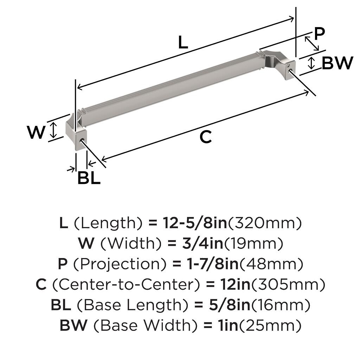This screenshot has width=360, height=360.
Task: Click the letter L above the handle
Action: (183, 43)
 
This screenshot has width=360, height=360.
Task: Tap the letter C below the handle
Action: (205, 137)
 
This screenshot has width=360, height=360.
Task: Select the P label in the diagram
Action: (319, 33)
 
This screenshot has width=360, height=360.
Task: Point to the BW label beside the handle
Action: (337, 63)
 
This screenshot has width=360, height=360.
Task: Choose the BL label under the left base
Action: (89, 178)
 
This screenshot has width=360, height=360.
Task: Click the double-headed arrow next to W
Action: (53, 130)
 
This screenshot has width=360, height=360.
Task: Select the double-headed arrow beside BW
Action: (311, 63)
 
